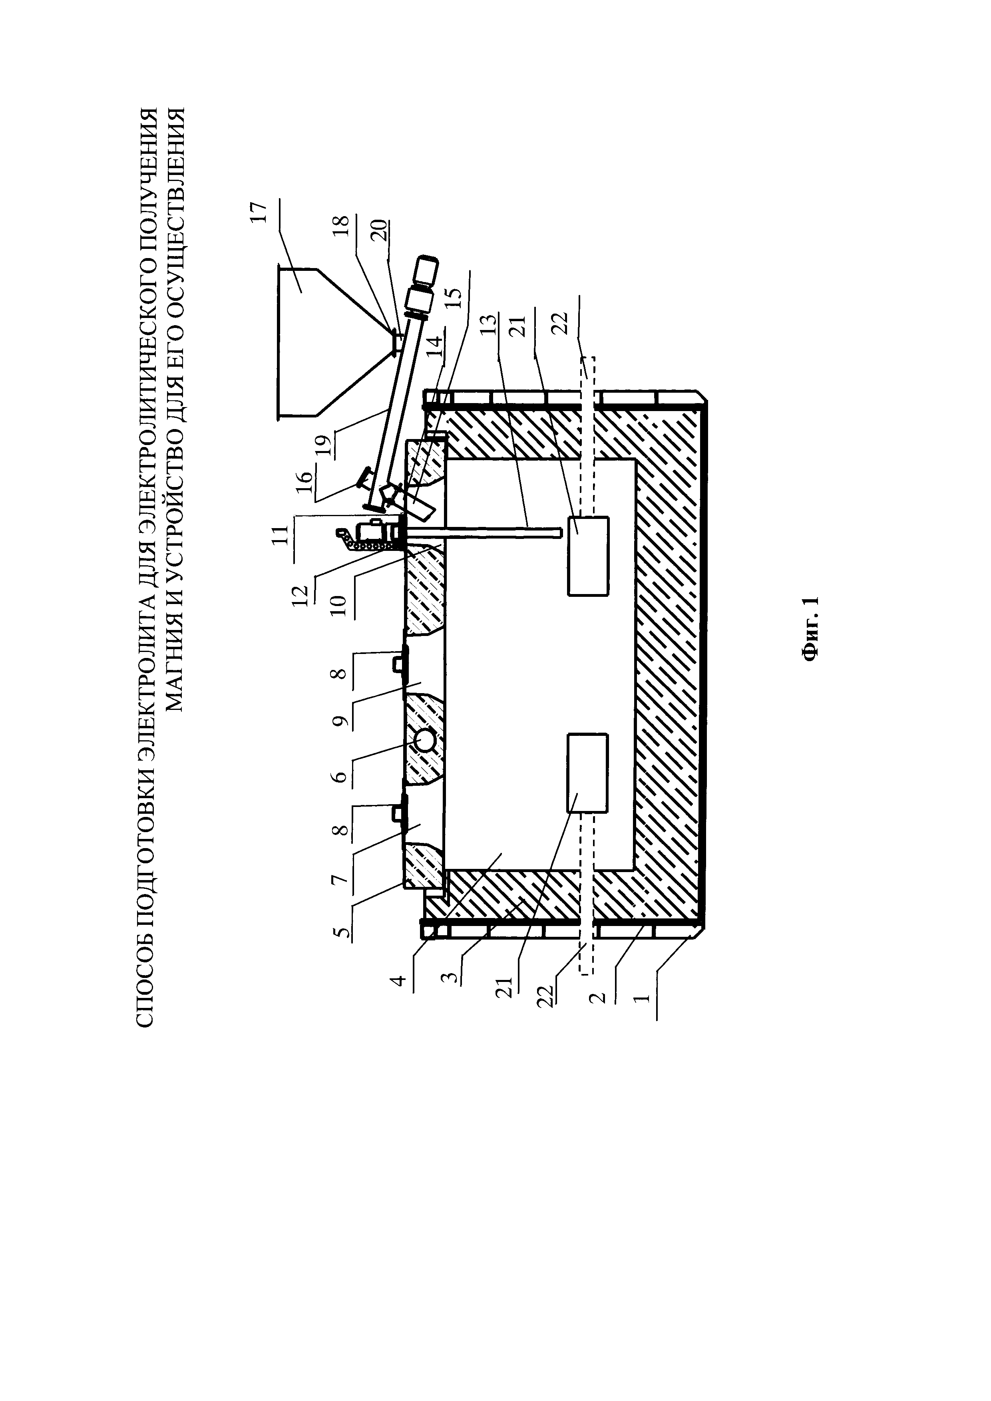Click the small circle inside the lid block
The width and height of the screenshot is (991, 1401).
coord(425,741)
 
